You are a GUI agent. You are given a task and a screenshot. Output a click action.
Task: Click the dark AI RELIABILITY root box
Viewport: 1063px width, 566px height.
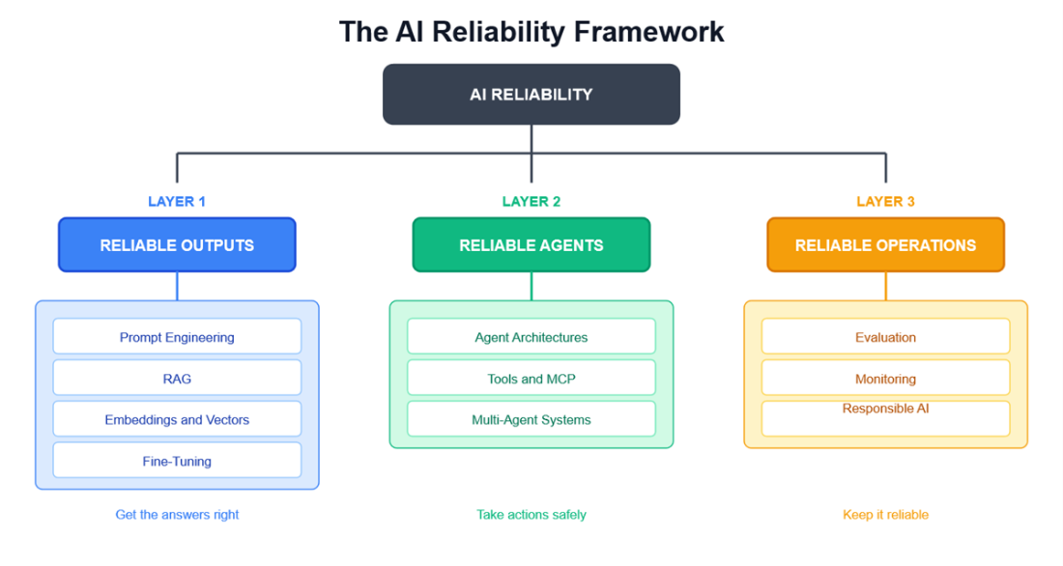pos(531,95)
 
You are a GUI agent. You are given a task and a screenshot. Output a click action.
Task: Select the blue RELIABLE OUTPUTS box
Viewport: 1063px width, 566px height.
pos(177,244)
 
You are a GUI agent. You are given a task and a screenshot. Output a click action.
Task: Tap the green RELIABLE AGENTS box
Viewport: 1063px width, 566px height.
pos(531,244)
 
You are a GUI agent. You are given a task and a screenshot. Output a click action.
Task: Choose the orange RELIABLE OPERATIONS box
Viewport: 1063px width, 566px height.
pos(885,244)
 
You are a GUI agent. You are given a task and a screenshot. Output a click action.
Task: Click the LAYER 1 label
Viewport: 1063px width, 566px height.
pos(176,201)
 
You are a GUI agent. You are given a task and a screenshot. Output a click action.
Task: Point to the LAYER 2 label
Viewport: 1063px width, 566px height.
pos(531,201)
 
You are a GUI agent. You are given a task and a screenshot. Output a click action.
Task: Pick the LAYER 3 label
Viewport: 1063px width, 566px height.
pos(885,201)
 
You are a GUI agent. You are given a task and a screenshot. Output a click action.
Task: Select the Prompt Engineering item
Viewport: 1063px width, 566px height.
pos(177,336)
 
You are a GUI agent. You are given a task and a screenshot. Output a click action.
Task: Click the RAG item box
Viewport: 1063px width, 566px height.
pos(177,378)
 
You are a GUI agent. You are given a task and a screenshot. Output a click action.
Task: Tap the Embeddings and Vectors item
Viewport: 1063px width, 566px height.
pos(177,419)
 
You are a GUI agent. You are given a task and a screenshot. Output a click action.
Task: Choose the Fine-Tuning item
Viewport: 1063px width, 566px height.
pos(177,461)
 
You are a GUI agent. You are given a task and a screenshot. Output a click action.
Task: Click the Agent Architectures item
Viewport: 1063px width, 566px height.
pos(531,336)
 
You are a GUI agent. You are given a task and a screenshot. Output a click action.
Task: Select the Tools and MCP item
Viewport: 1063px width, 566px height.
pos(531,378)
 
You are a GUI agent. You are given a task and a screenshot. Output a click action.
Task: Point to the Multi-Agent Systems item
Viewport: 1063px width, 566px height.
pos(531,419)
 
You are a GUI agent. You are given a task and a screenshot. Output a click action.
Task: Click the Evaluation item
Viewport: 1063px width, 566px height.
pos(885,336)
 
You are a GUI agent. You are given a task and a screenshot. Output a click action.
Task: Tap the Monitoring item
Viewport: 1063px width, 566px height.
pos(885,378)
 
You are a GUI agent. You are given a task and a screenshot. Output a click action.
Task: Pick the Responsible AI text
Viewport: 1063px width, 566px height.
pos(885,408)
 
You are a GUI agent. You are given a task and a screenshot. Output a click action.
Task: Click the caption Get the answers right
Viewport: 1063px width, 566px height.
pos(177,515)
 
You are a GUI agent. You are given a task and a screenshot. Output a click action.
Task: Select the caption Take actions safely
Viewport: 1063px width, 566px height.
pos(531,515)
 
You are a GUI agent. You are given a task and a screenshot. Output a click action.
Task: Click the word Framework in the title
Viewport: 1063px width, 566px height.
pos(648,32)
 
